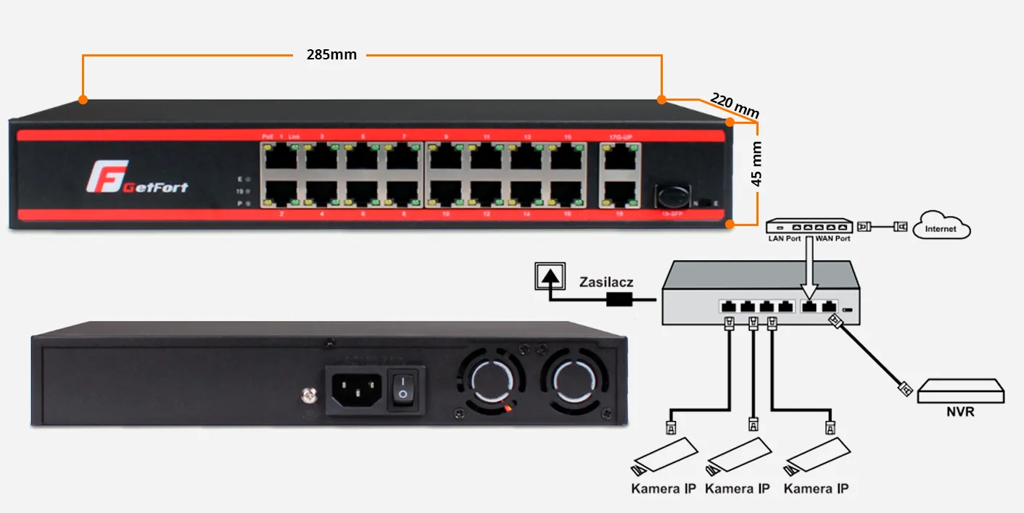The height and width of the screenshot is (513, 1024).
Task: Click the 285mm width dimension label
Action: (x=332, y=55)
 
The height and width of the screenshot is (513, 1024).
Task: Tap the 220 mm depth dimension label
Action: (x=734, y=105)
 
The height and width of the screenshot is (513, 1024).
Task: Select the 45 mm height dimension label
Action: (x=756, y=174)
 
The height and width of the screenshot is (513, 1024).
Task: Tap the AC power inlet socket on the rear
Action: (x=356, y=391)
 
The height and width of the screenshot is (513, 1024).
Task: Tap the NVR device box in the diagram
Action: (x=961, y=392)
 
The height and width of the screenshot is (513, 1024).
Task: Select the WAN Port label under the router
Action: (x=833, y=238)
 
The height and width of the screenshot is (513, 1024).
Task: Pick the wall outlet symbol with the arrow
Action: (x=549, y=276)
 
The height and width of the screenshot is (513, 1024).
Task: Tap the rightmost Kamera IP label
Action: (x=816, y=489)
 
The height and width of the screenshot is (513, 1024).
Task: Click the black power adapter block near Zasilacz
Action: (x=620, y=299)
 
